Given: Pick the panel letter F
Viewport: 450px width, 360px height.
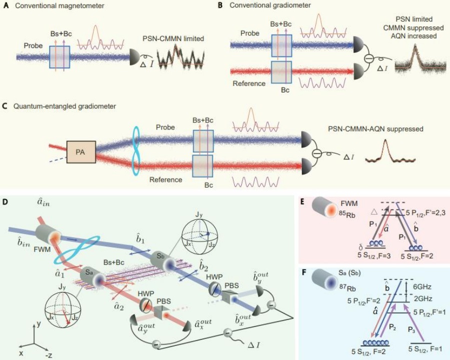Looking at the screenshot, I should (302, 273).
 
